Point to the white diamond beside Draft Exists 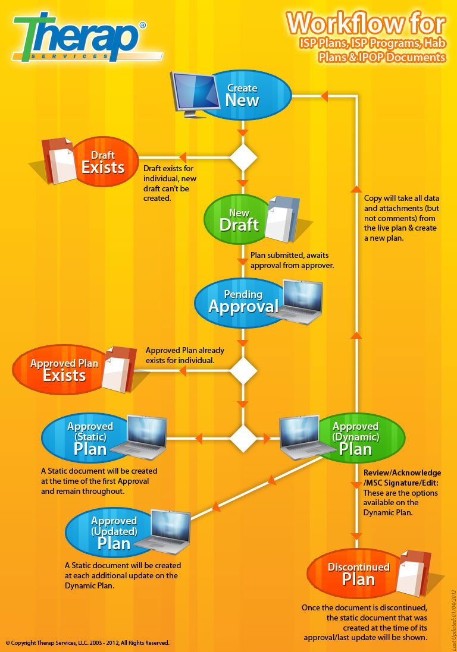tap(243, 158)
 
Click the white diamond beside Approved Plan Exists tap(243, 371)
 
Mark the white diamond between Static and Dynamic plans tap(243, 439)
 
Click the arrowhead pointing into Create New tap(324, 95)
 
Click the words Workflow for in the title tap(365, 24)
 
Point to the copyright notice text tap(88, 642)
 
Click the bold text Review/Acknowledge tap(402, 471)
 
